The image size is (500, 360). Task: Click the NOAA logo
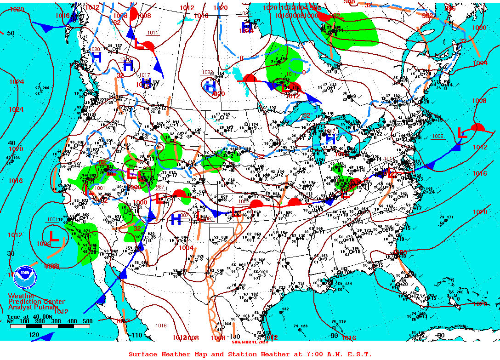pyautogui.click(x=25, y=277)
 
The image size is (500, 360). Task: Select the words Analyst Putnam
pyautogui.click(x=33, y=307)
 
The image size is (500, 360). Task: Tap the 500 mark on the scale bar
pyautogui.click(x=87, y=321)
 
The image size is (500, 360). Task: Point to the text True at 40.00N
pyautogui.click(x=28, y=316)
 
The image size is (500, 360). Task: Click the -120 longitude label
pyautogui.click(x=33, y=335)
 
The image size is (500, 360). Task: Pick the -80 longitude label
pyautogui.click(x=440, y=335)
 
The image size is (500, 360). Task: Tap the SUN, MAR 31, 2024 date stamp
pyautogui.click(x=249, y=341)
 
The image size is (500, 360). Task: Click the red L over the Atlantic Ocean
pyautogui.click(x=462, y=134)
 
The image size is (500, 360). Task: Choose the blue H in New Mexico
pyautogui.click(x=176, y=219)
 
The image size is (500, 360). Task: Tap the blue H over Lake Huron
pyautogui.click(x=330, y=138)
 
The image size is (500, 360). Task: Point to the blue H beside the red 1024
pyautogui.click(x=247, y=26)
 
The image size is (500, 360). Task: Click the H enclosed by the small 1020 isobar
pyautogui.click(x=211, y=86)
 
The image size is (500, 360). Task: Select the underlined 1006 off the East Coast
pyautogui.click(x=437, y=137)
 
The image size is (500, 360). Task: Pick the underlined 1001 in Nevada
pyautogui.click(x=99, y=188)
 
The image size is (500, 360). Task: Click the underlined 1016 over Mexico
pyautogui.click(x=161, y=326)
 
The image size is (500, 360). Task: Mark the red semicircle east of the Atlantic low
pyautogui.click(x=478, y=127)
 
